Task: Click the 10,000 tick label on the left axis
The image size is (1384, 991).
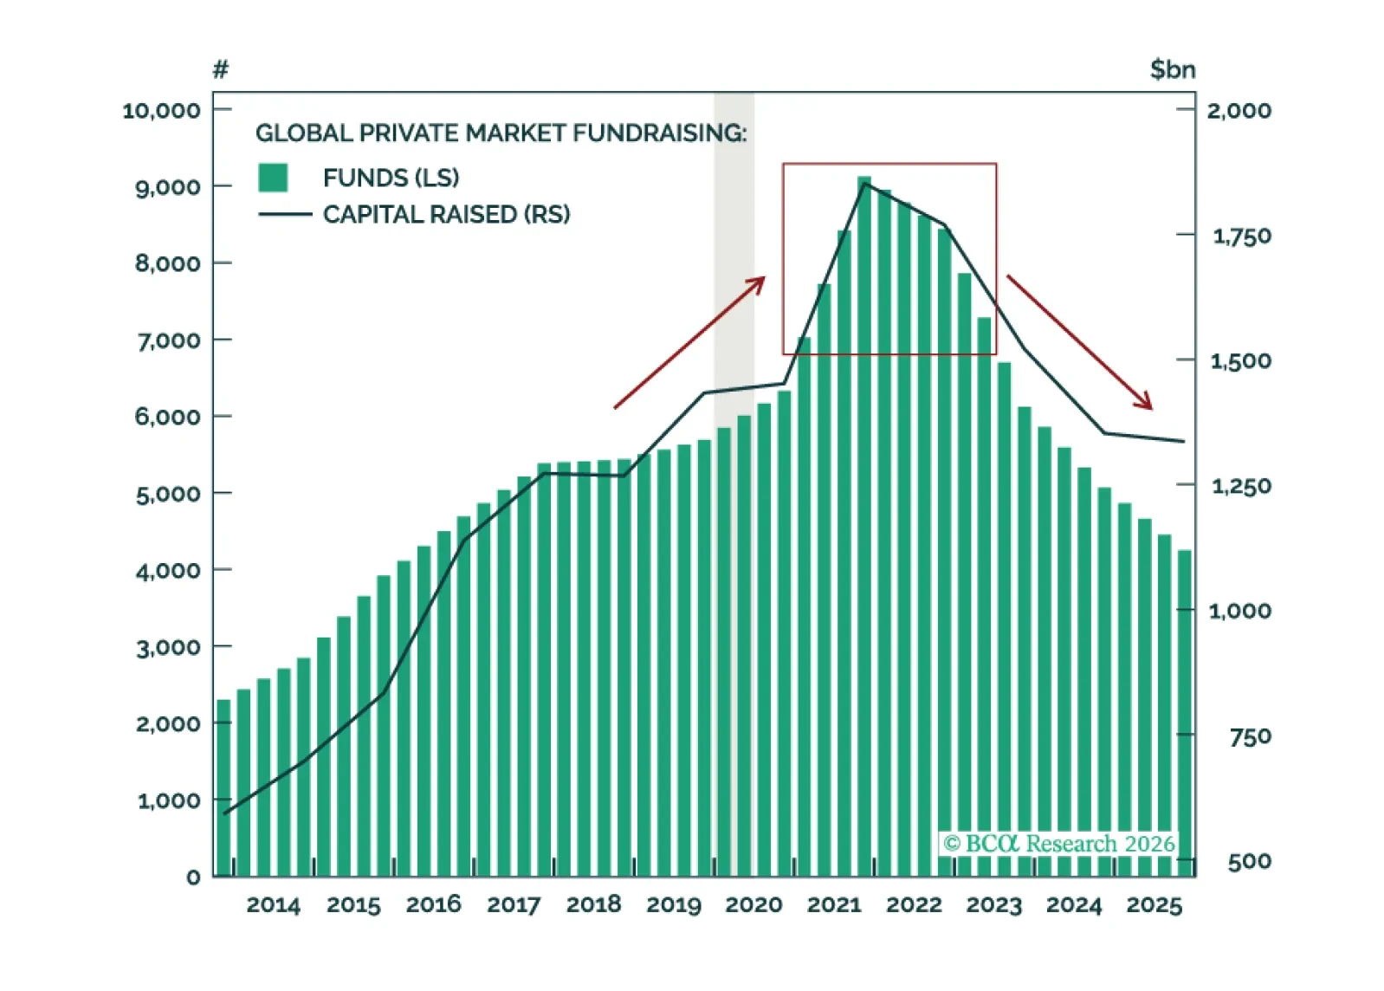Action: (161, 111)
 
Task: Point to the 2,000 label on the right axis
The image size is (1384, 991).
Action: (1239, 111)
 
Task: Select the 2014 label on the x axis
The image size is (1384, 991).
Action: (273, 905)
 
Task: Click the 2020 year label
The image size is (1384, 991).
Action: (753, 905)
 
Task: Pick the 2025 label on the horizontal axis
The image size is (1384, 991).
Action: (1154, 905)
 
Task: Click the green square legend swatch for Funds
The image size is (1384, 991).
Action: (273, 178)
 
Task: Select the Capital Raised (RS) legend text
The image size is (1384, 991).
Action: (446, 214)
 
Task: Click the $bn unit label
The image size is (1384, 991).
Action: (1172, 69)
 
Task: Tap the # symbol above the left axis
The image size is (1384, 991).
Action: (221, 69)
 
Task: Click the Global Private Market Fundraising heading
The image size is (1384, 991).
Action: (501, 133)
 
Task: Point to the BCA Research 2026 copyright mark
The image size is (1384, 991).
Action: (1058, 844)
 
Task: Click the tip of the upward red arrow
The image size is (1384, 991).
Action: (764, 279)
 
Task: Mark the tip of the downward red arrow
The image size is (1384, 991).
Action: (1151, 407)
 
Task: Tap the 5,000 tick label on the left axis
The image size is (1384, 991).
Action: (168, 495)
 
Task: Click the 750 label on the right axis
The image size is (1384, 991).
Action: (1250, 737)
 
